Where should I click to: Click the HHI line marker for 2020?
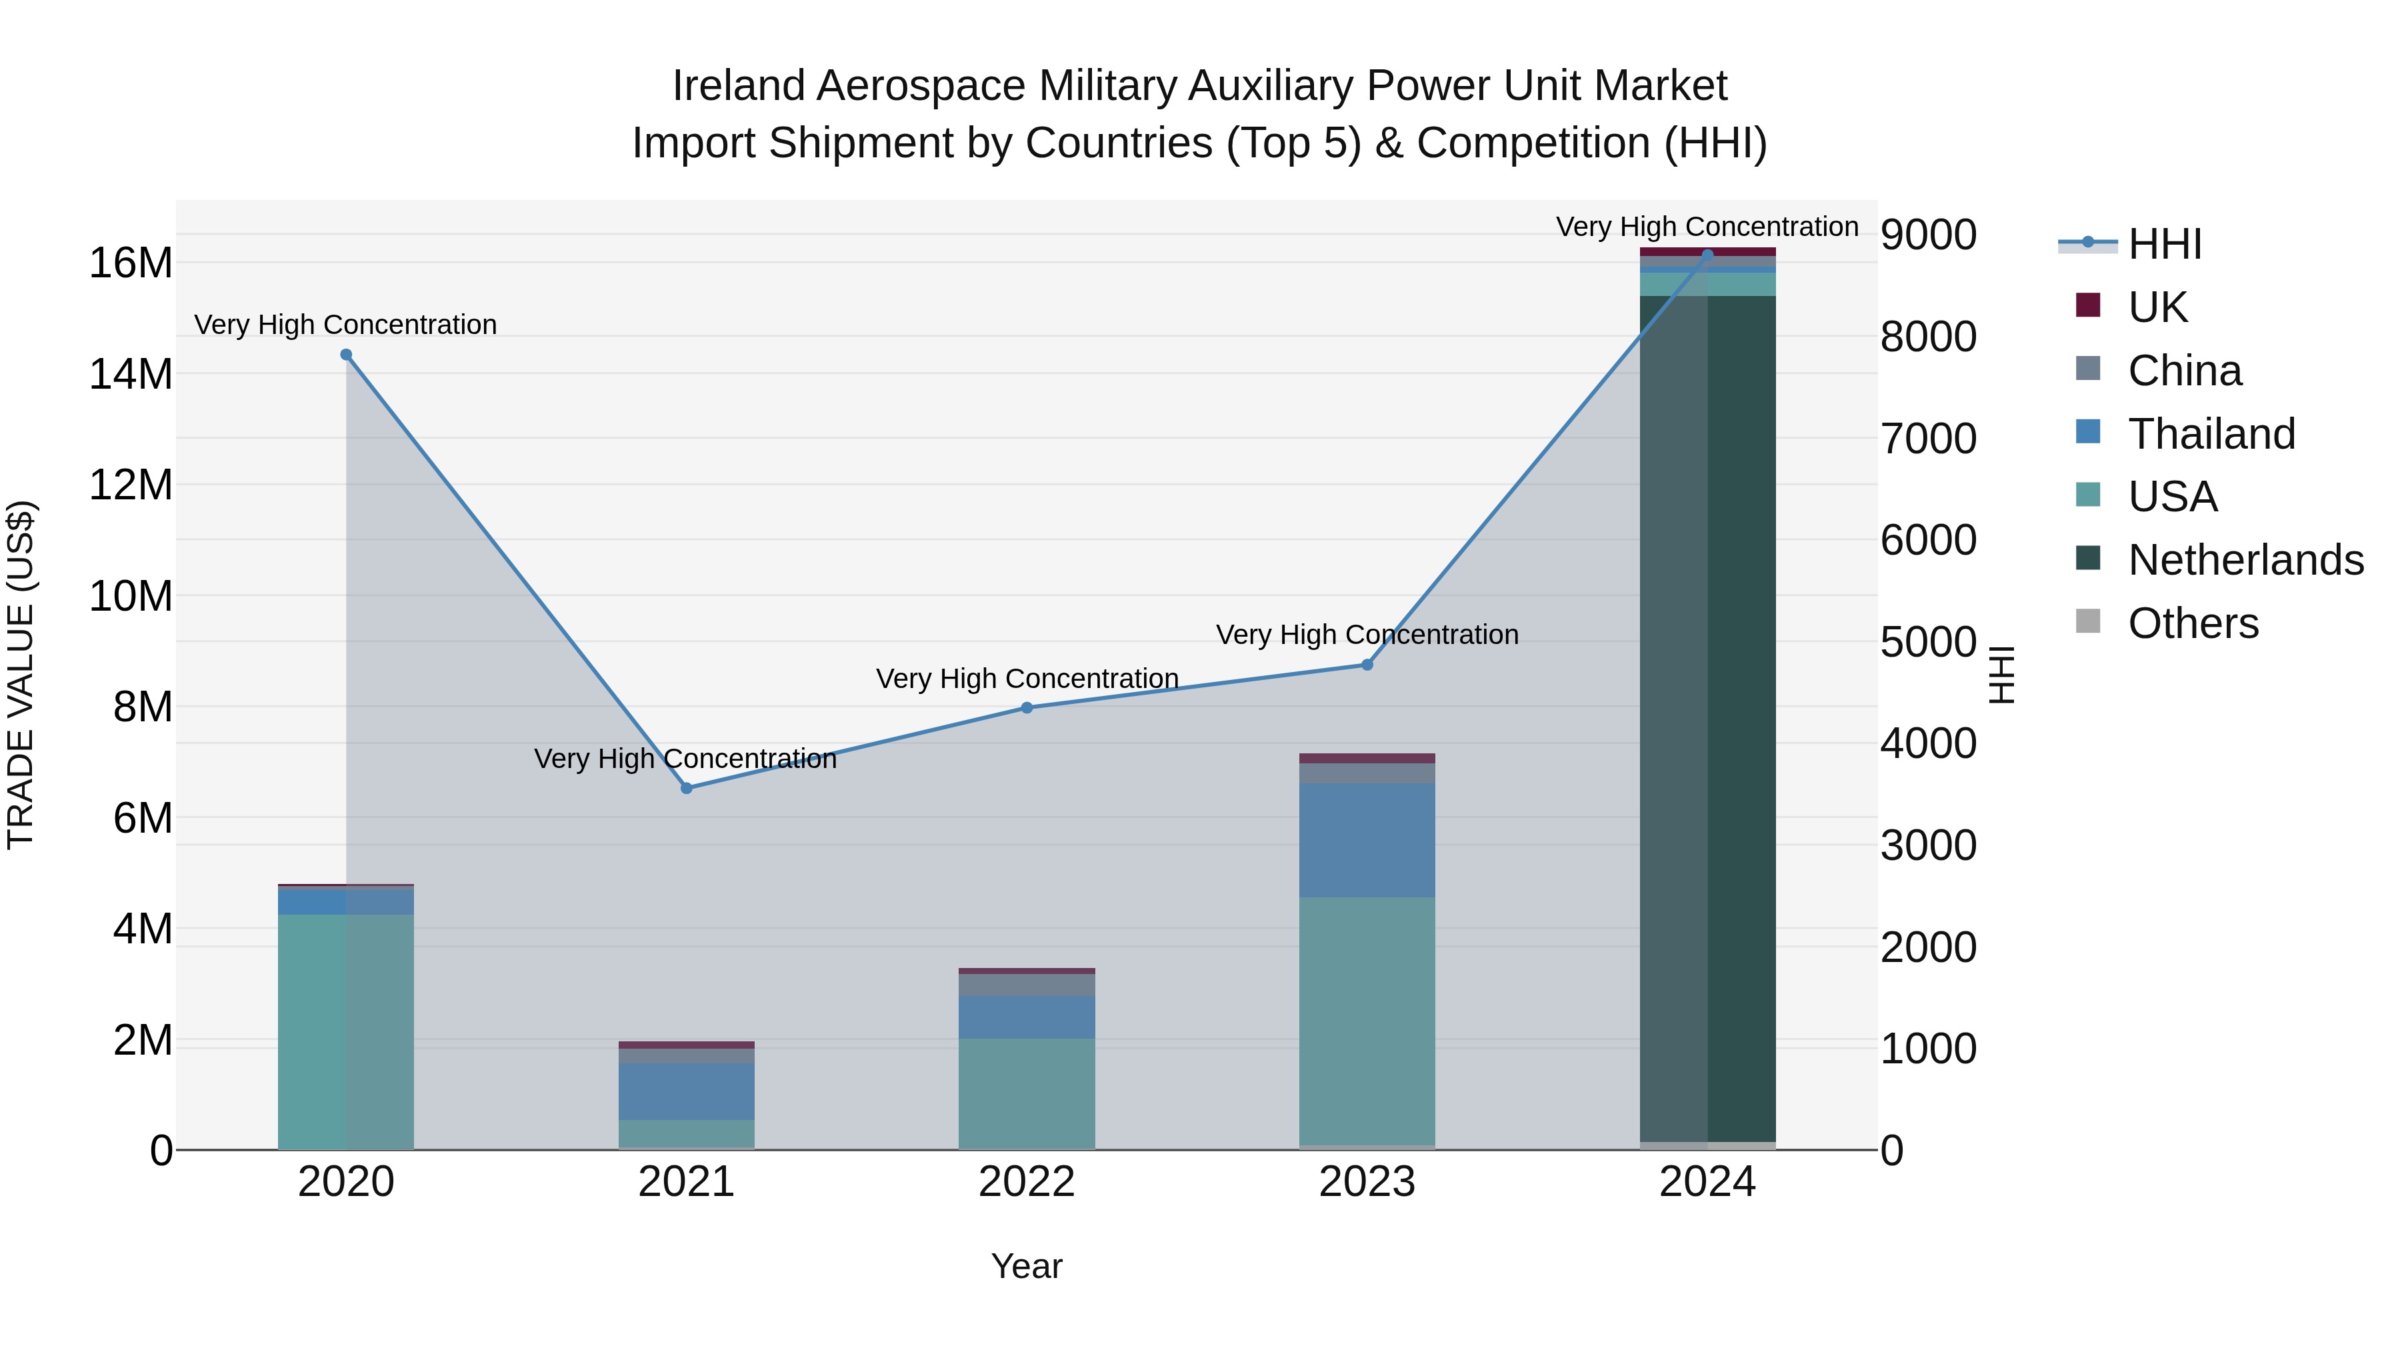coord(345,355)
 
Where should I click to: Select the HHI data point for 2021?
coord(687,788)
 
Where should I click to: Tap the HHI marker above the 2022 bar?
coord(1027,708)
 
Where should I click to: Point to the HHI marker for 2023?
coord(1367,665)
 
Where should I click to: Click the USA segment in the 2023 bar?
coord(1367,1020)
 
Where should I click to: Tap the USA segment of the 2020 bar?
coord(345,1031)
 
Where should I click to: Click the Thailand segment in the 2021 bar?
coord(687,1091)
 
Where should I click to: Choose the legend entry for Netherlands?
coord(2245,560)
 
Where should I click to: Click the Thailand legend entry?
coord(2211,434)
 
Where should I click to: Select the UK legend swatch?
coord(2088,305)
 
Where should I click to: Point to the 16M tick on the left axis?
coord(131,263)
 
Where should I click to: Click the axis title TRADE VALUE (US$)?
coord(21,675)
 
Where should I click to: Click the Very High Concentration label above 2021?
coord(685,759)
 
